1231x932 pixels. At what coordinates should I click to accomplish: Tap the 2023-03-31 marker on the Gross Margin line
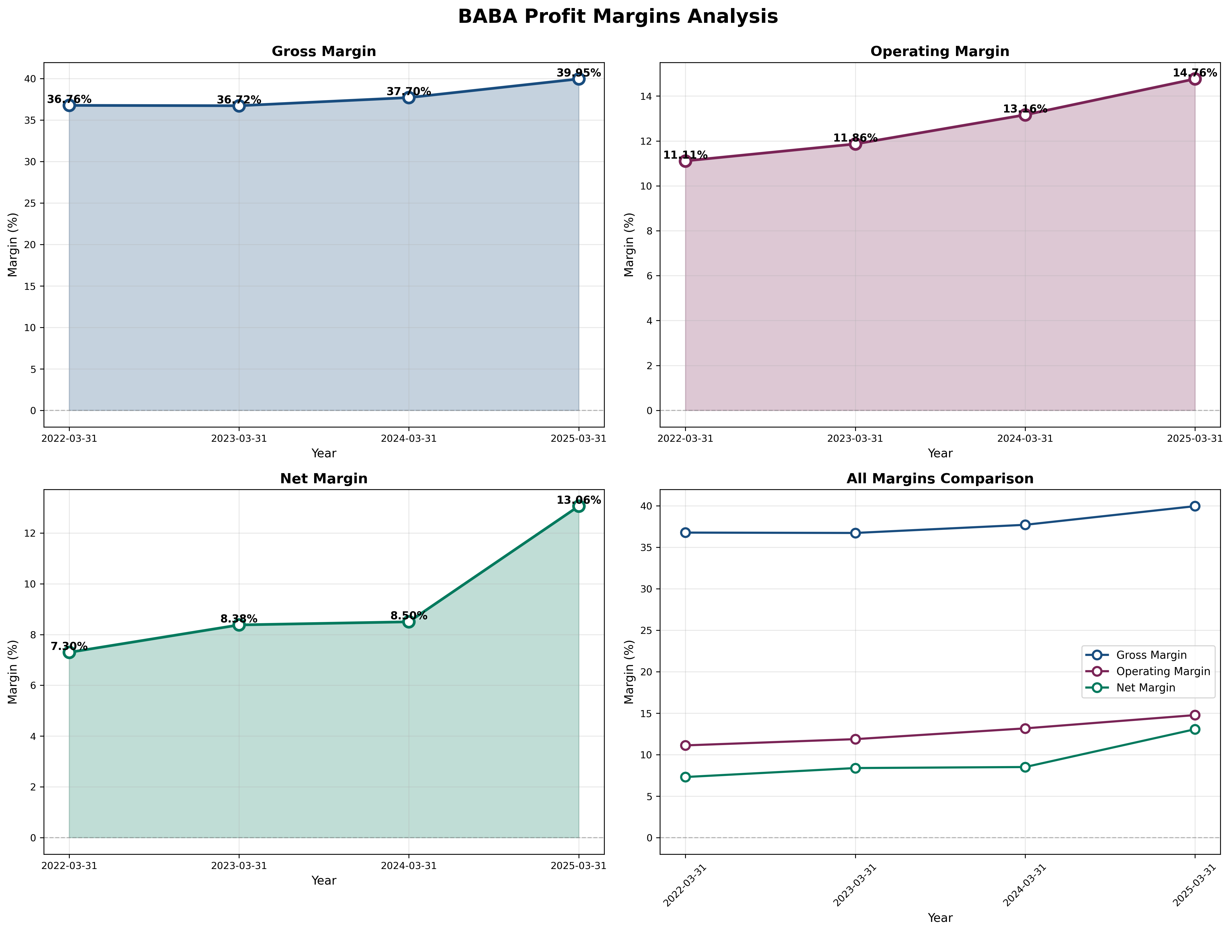(239, 106)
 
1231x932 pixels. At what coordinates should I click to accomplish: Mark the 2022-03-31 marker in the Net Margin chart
(69, 653)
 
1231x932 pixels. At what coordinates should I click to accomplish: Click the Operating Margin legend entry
(1163, 671)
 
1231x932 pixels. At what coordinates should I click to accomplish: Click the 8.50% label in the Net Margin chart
(409, 616)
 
